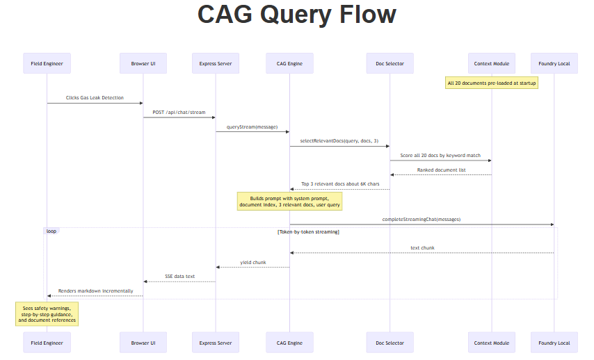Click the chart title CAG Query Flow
click(x=297, y=15)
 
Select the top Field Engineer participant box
click(x=47, y=63)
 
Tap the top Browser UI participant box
click(x=143, y=63)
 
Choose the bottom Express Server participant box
click(x=216, y=343)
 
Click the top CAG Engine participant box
click(x=289, y=63)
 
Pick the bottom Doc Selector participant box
click(x=390, y=343)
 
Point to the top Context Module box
click(x=492, y=63)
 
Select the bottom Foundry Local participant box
click(x=554, y=343)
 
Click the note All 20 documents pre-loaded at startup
click(x=492, y=83)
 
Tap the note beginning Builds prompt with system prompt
click(x=289, y=202)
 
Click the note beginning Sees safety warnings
click(x=47, y=313)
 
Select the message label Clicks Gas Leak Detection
click(x=95, y=98)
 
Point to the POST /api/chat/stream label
click(x=179, y=112)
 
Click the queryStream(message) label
click(x=252, y=126)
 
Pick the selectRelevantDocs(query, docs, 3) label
click(x=339, y=141)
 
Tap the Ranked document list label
click(x=440, y=170)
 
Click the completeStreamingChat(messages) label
click(x=421, y=219)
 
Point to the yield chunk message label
click(x=252, y=262)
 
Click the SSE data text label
click(x=179, y=276)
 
